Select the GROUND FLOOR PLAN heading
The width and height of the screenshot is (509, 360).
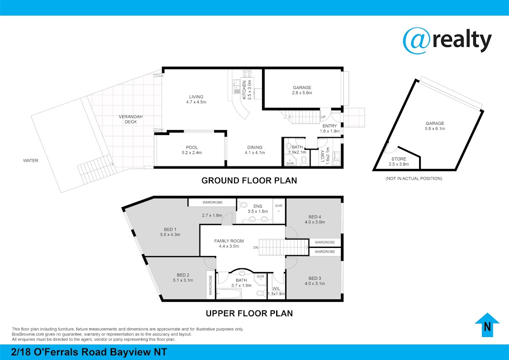(249, 180)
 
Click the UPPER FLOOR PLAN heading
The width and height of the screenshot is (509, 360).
(249, 313)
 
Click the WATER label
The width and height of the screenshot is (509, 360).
(31, 160)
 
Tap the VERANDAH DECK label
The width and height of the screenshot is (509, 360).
(131, 119)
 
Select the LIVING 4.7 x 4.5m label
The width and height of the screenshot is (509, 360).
(196, 99)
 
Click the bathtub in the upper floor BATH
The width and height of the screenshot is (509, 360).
(229, 294)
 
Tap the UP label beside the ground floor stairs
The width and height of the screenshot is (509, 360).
(323, 117)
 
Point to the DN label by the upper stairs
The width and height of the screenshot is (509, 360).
(256, 247)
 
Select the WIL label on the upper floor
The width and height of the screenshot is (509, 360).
(276, 289)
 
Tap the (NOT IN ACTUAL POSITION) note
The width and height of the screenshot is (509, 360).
(414, 179)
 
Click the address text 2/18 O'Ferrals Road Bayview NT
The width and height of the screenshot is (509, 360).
(89, 352)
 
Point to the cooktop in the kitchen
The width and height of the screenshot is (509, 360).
(247, 74)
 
